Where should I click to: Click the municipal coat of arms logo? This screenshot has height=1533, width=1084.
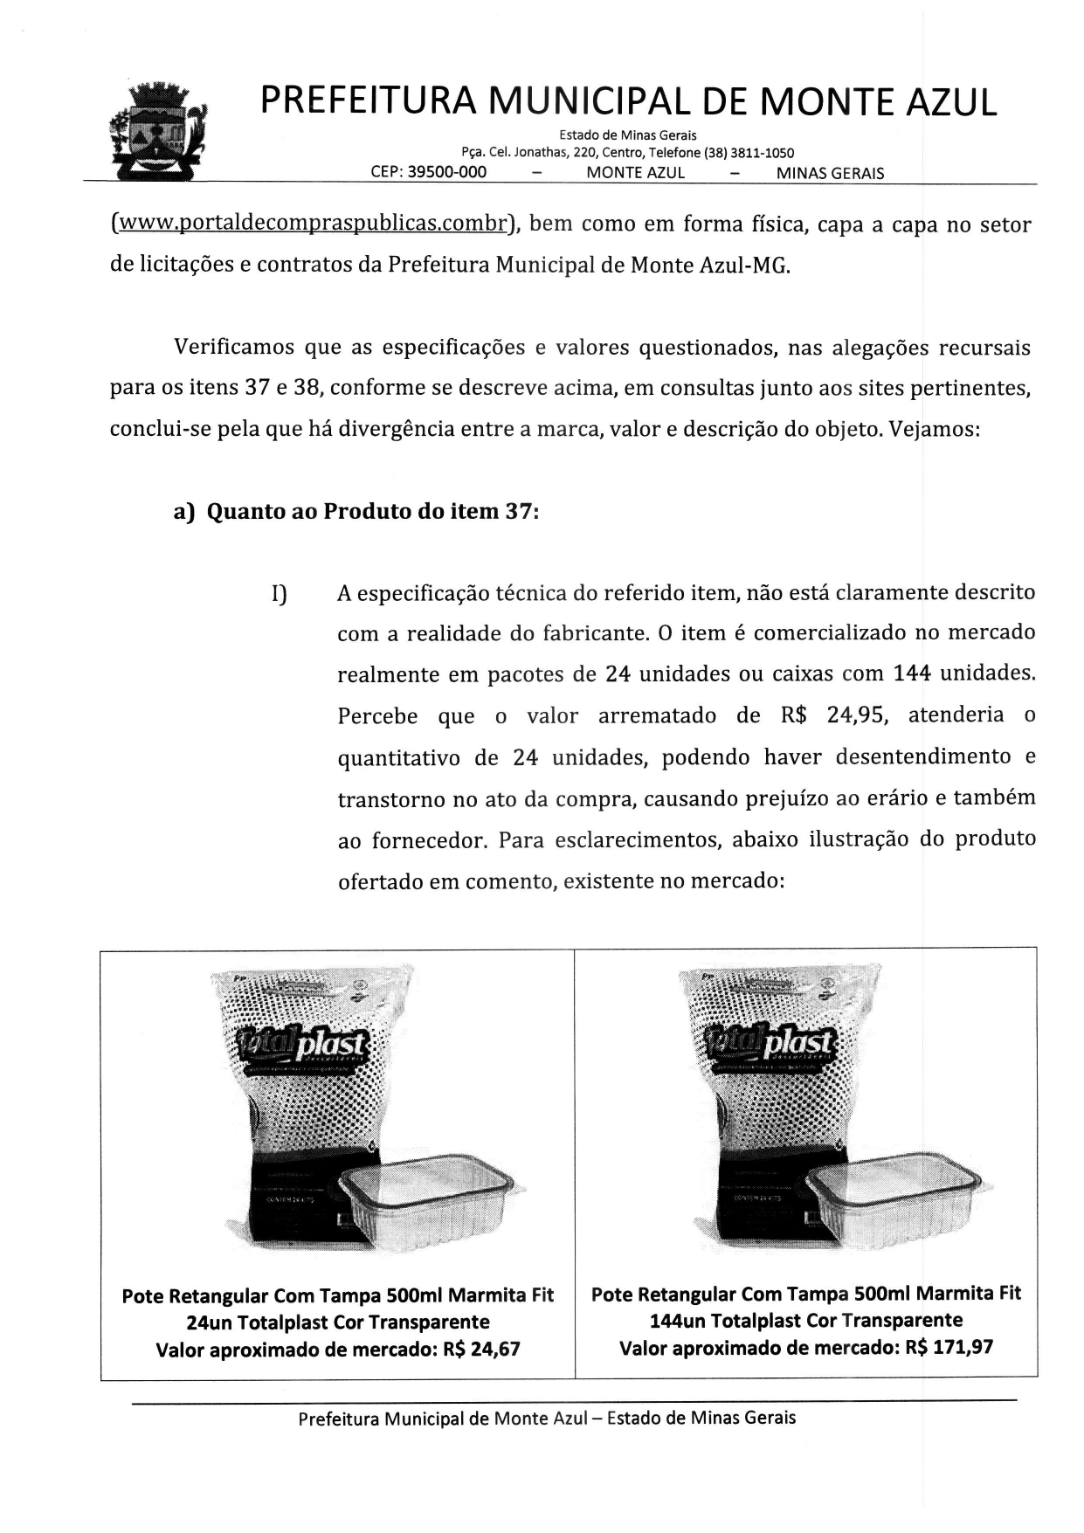pyautogui.click(x=156, y=131)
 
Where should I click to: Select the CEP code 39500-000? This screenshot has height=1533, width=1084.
pyautogui.click(x=446, y=172)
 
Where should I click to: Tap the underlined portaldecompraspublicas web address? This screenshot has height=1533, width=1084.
pyautogui.click(x=311, y=224)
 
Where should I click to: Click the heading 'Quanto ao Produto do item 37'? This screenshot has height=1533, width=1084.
pyautogui.click(x=372, y=511)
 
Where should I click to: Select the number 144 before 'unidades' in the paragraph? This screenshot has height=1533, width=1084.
pyautogui.click(x=912, y=674)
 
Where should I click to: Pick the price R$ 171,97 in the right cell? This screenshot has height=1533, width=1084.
pyautogui.click(x=949, y=1348)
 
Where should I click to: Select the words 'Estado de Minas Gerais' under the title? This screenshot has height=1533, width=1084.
pyautogui.click(x=627, y=135)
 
